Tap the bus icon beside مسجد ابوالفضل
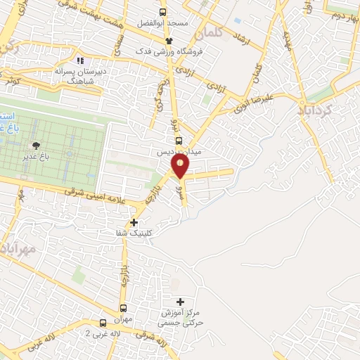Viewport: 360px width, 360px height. [x=163, y=12]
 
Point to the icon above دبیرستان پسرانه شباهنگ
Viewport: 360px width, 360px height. [x=81, y=61]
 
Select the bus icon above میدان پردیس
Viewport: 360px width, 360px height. [x=177, y=139]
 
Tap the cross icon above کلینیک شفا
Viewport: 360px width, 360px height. [x=134, y=223]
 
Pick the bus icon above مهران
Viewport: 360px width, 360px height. [x=124, y=307]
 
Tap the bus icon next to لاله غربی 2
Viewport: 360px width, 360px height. [x=103, y=323]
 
